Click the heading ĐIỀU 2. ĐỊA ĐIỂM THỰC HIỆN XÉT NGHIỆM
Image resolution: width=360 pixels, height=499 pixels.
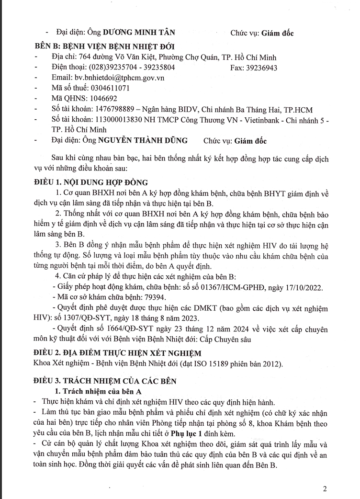(x=118, y=353)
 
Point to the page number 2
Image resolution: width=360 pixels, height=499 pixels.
(x=325, y=489)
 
